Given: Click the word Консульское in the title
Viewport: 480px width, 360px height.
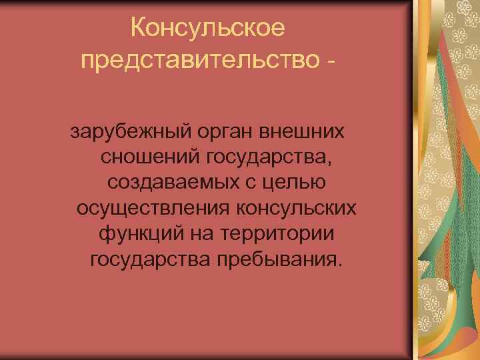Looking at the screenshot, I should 208,28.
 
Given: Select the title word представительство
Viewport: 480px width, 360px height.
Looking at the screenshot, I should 193,61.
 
